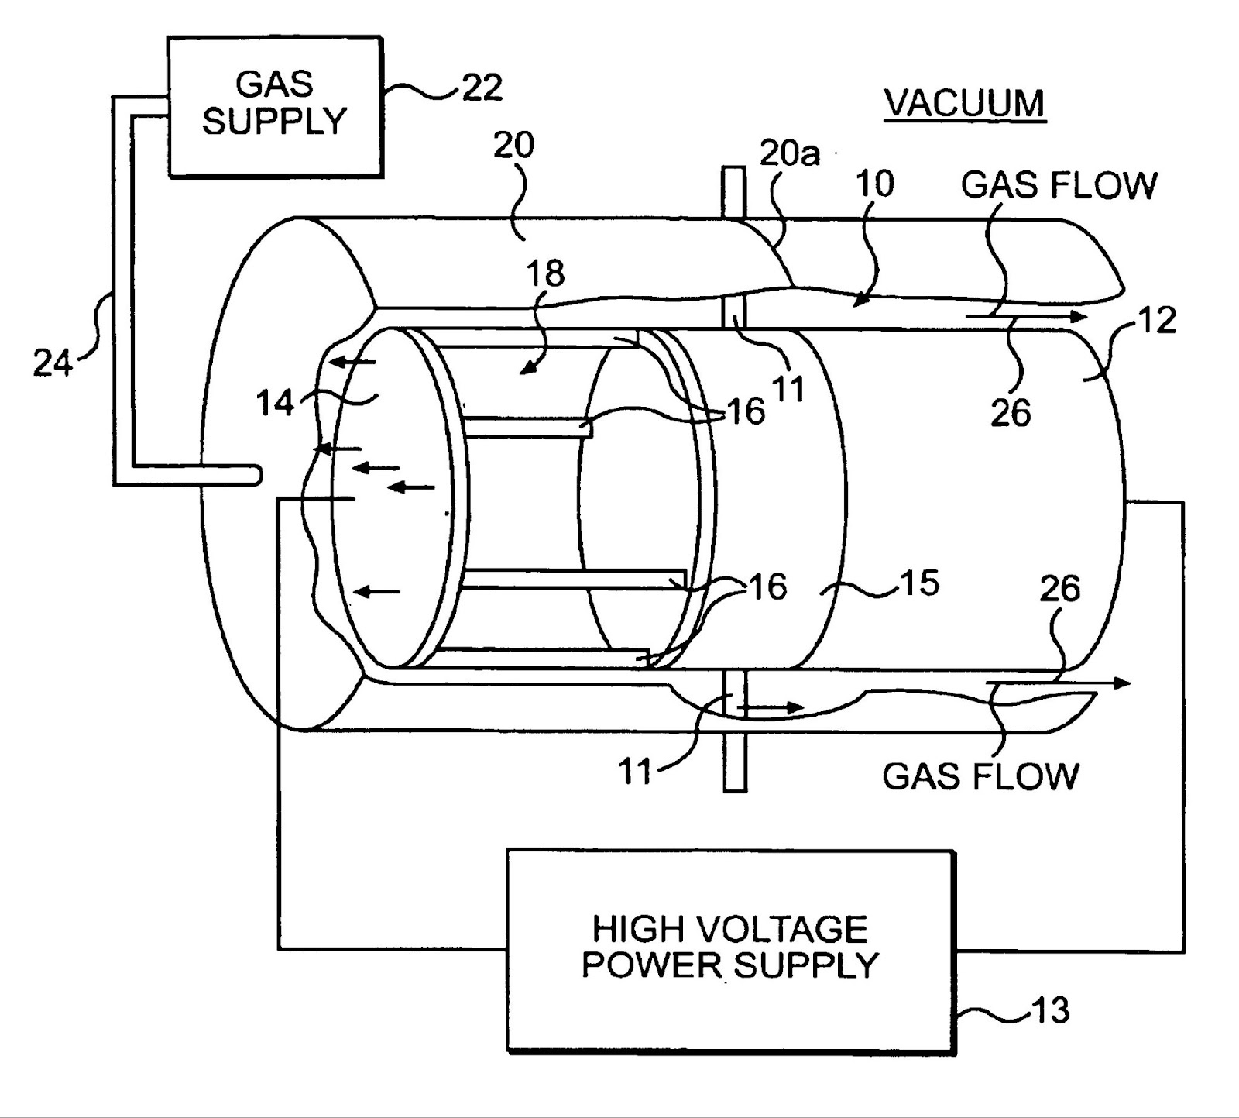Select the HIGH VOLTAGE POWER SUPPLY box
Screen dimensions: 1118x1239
pos(730,948)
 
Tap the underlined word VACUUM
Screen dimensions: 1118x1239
pos(965,103)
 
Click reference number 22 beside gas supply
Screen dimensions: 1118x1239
pos(482,88)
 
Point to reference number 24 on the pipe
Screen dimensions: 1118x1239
pos(52,363)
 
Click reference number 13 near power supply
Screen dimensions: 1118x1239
pos(1051,1010)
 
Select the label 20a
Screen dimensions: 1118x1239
pos(789,154)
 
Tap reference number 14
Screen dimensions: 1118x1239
pos(276,403)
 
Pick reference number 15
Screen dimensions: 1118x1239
pos(920,583)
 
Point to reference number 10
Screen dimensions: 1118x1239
pos(875,184)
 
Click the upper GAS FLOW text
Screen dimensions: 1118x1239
pos(1059,185)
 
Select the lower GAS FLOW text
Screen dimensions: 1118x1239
pos(980,776)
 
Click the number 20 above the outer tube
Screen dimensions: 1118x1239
pos(513,145)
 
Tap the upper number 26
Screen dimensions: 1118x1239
pos(1011,414)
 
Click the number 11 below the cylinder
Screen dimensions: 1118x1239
pos(636,772)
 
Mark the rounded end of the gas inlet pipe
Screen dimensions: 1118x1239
pos(252,475)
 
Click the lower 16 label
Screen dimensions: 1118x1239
pos(767,587)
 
